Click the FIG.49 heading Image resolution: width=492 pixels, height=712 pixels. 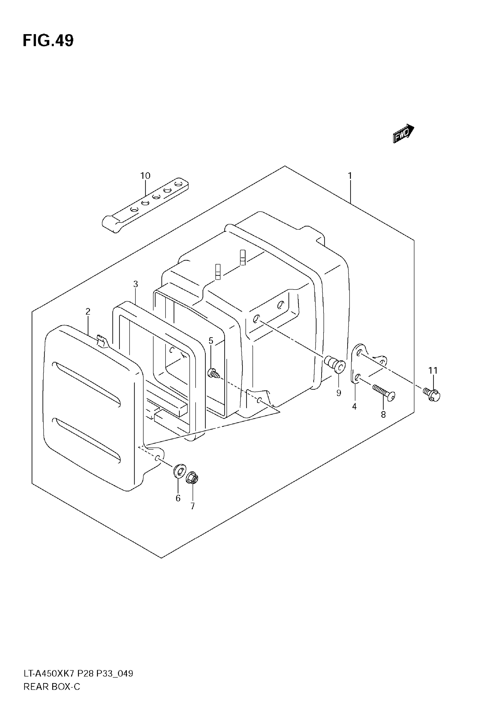tap(48, 41)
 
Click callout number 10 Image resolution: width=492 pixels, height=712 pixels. tap(145, 176)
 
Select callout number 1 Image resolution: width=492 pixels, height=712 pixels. tap(350, 176)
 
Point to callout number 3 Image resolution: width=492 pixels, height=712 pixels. tap(136, 284)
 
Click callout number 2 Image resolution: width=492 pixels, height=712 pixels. tap(88, 312)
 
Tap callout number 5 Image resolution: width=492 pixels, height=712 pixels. tap(211, 341)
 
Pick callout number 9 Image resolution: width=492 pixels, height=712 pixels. tap(339, 393)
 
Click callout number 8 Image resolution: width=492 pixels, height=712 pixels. tap(383, 415)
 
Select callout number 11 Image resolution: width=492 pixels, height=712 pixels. tap(433, 370)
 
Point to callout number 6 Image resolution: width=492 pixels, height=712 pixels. tap(178, 498)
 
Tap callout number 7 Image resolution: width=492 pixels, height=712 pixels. tap(192, 506)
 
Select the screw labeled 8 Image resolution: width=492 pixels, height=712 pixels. tap(384, 392)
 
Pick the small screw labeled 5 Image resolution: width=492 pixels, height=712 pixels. tap(213, 374)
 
